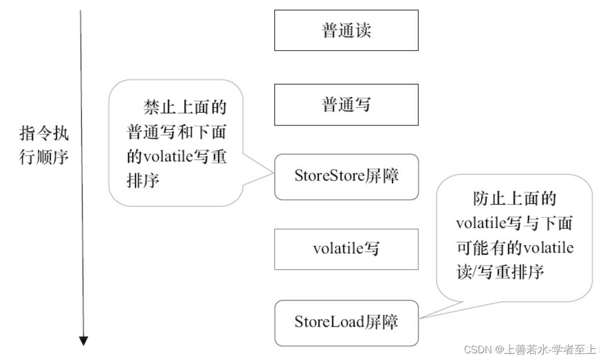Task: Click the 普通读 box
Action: click(346, 31)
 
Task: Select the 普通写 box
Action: click(346, 105)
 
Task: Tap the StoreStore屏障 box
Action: click(346, 177)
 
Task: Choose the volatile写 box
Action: click(346, 249)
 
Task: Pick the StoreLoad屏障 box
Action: click(346, 323)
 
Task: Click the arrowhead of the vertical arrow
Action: click(84, 340)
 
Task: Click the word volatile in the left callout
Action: click(162, 158)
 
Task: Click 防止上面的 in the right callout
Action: click(514, 199)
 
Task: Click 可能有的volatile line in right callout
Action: click(514, 248)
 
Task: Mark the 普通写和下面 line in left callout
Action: click(177, 133)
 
